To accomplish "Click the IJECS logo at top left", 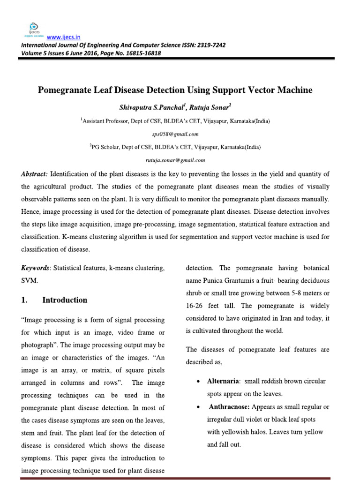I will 33,29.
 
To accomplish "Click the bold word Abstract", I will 35,174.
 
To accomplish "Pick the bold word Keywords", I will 36,268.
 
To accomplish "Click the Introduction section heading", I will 65,300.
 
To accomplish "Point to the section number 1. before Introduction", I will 24,300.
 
